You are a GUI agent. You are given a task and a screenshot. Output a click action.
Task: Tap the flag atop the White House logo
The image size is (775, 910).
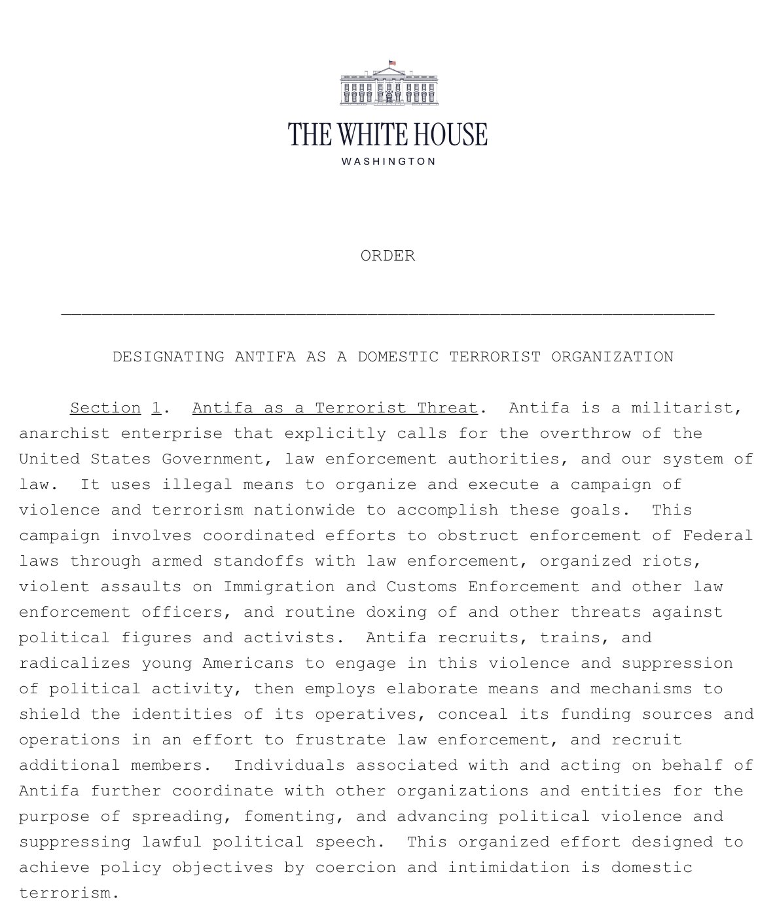(x=393, y=63)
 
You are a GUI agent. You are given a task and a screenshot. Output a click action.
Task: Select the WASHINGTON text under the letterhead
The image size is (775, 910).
(x=388, y=162)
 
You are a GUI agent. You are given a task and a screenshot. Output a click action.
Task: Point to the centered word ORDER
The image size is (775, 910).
(x=387, y=255)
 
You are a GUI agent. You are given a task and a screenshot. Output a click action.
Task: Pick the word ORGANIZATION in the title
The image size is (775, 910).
(x=612, y=357)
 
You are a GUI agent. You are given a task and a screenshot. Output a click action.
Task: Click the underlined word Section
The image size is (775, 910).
(x=105, y=408)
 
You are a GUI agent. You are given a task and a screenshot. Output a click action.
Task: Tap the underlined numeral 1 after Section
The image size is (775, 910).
(x=156, y=408)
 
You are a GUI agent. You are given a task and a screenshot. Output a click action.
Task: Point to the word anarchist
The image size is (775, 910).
(x=64, y=433)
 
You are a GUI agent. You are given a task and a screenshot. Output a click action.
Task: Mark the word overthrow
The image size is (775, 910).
(x=601, y=433)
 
